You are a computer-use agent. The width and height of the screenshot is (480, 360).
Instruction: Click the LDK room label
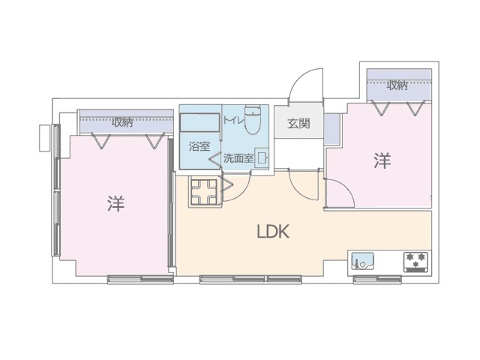pyautogui.click(x=273, y=232)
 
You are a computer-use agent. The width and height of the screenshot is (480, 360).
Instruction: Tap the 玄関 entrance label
pyautogui.click(x=298, y=123)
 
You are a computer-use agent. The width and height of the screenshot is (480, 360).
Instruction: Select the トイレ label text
pyautogui.click(x=233, y=120)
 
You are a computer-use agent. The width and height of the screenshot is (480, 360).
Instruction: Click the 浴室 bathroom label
pyautogui.click(x=199, y=147)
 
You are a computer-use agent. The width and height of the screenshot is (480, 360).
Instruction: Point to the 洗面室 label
pyautogui.click(x=238, y=158)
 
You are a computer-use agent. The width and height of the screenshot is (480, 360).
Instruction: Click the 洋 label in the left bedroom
pyautogui.click(x=116, y=203)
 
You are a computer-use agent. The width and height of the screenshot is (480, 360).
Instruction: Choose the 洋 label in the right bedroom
pyautogui.click(x=382, y=160)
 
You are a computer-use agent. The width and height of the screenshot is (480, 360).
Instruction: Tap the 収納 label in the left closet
pyautogui.click(x=121, y=122)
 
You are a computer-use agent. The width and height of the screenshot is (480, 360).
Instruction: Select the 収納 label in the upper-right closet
pyautogui.click(x=397, y=85)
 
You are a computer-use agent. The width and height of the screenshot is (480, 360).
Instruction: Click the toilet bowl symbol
pyautogui.click(x=253, y=120)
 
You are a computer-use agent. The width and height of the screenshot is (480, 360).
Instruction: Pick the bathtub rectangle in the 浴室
pyautogui.click(x=199, y=123)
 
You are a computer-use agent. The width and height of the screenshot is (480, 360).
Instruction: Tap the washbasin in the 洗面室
pyautogui.click(x=262, y=158)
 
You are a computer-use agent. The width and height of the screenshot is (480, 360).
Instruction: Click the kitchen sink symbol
pyautogui.click(x=362, y=261)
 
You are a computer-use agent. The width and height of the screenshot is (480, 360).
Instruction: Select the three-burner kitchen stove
pyautogui.click(x=415, y=262)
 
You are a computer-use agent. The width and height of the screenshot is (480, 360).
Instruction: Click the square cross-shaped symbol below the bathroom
pyautogui.click(x=203, y=192)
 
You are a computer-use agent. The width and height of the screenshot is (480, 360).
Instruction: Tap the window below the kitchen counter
pyautogui.click(x=377, y=280)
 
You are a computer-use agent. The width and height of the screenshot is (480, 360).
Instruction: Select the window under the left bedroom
pyautogui.click(x=140, y=280)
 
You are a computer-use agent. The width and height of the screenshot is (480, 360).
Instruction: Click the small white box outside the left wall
pyautogui.click(x=46, y=138)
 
